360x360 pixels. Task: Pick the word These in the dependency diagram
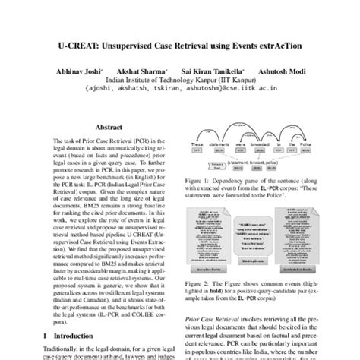coord(197,144)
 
